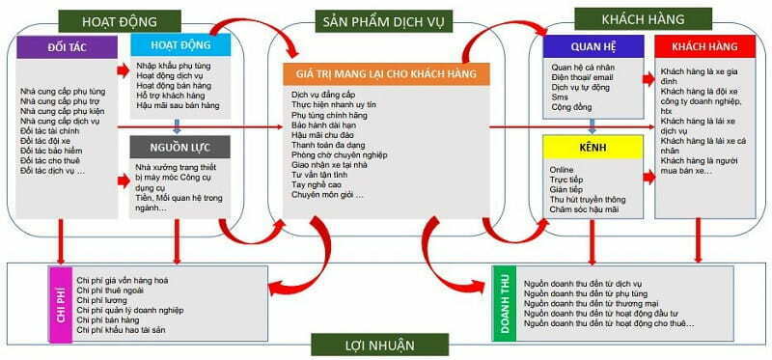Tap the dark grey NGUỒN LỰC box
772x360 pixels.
(x=179, y=148)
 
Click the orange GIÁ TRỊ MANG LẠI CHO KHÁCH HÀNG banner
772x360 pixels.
(x=386, y=72)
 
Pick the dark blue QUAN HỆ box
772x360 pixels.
(x=593, y=46)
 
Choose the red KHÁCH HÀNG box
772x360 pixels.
(x=703, y=46)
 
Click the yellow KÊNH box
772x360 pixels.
(x=593, y=146)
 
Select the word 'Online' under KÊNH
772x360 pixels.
(x=563, y=169)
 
